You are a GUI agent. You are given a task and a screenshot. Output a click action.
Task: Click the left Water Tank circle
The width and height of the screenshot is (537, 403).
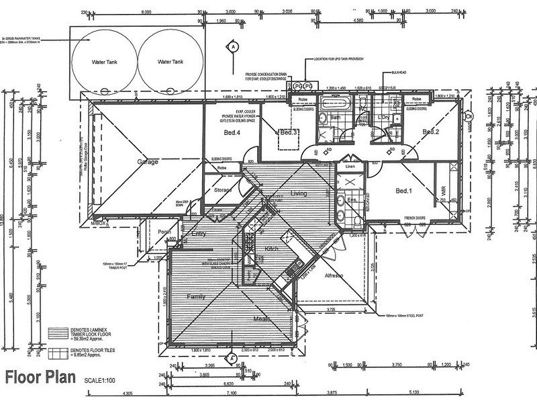[x=104, y=62]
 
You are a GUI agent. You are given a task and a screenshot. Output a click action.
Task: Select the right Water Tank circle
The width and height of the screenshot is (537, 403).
[x=169, y=62]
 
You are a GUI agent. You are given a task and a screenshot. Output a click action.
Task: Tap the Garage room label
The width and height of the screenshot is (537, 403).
[x=148, y=162]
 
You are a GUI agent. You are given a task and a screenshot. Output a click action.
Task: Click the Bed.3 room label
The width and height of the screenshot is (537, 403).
[x=289, y=132]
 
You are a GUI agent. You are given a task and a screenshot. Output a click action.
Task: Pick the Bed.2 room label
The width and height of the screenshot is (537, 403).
[x=430, y=132]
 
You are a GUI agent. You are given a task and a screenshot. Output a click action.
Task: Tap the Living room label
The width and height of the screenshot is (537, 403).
[x=298, y=193]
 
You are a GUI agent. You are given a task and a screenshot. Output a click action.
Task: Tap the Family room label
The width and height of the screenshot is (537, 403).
[x=195, y=296]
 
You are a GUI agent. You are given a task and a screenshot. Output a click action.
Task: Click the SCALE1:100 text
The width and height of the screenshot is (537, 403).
[x=107, y=379]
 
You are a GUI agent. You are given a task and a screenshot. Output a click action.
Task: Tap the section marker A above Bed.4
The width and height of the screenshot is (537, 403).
[x=232, y=46]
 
